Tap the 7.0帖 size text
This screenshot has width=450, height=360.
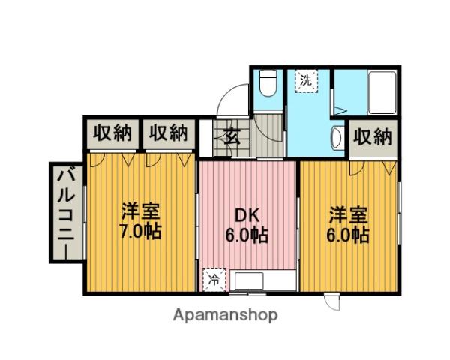click(x=141, y=231)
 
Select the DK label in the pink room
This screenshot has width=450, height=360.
click(x=247, y=215)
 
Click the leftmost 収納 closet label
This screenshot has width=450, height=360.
click(x=112, y=133)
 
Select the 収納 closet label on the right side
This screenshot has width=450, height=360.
click(x=372, y=137)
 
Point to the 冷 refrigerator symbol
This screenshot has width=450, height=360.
click(x=214, y=281)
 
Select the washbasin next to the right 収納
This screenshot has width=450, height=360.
click(x=337, y=138)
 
